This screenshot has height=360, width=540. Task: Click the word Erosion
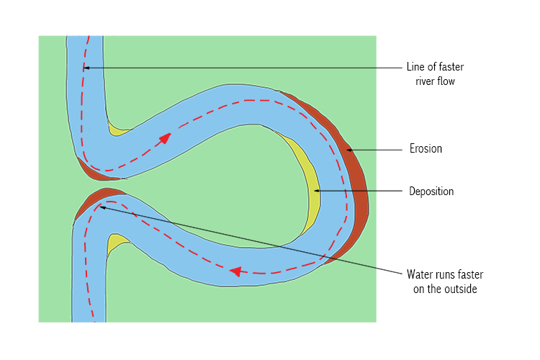(x=425, y=149)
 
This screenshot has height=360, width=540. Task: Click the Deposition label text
(x=431, y=192)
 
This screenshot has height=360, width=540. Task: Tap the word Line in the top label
(x=416, y=68)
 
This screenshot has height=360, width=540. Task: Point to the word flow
(x=448, y=81)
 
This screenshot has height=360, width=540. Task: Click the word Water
(x=420, y=274)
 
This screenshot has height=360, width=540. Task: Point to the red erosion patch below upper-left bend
(x=90, y=170)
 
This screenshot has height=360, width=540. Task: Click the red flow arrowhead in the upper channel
(x=166, y=138)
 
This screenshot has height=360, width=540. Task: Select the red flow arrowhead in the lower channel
(x=235, y=271)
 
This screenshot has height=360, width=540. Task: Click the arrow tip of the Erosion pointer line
(x=347, y=150)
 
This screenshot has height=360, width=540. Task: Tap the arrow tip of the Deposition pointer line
(x=314, y=191)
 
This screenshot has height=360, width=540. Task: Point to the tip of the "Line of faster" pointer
(x=84, y=68)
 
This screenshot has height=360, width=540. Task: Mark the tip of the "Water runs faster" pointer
(x=100, y=207)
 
